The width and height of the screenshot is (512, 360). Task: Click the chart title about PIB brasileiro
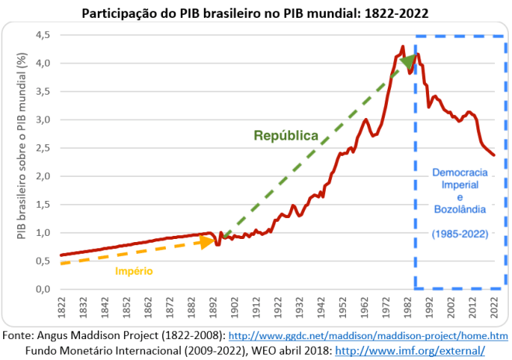tap(254, 13)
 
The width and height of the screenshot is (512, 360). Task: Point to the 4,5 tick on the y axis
tap(41, 36)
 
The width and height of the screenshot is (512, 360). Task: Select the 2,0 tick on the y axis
tap(41, 176)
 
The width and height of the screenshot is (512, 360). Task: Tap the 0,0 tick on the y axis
tap(41, 289)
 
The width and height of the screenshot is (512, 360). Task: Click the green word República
tap(286, 136)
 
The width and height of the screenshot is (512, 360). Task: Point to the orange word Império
tap(134, 271)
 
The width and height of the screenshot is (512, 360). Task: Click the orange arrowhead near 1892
tap(207, 241)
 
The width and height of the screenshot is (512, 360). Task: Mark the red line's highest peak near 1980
tap(402, 47)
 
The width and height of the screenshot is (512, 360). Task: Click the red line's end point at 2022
tap(493, 155)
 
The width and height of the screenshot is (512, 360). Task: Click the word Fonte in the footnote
tap(16, 336)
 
